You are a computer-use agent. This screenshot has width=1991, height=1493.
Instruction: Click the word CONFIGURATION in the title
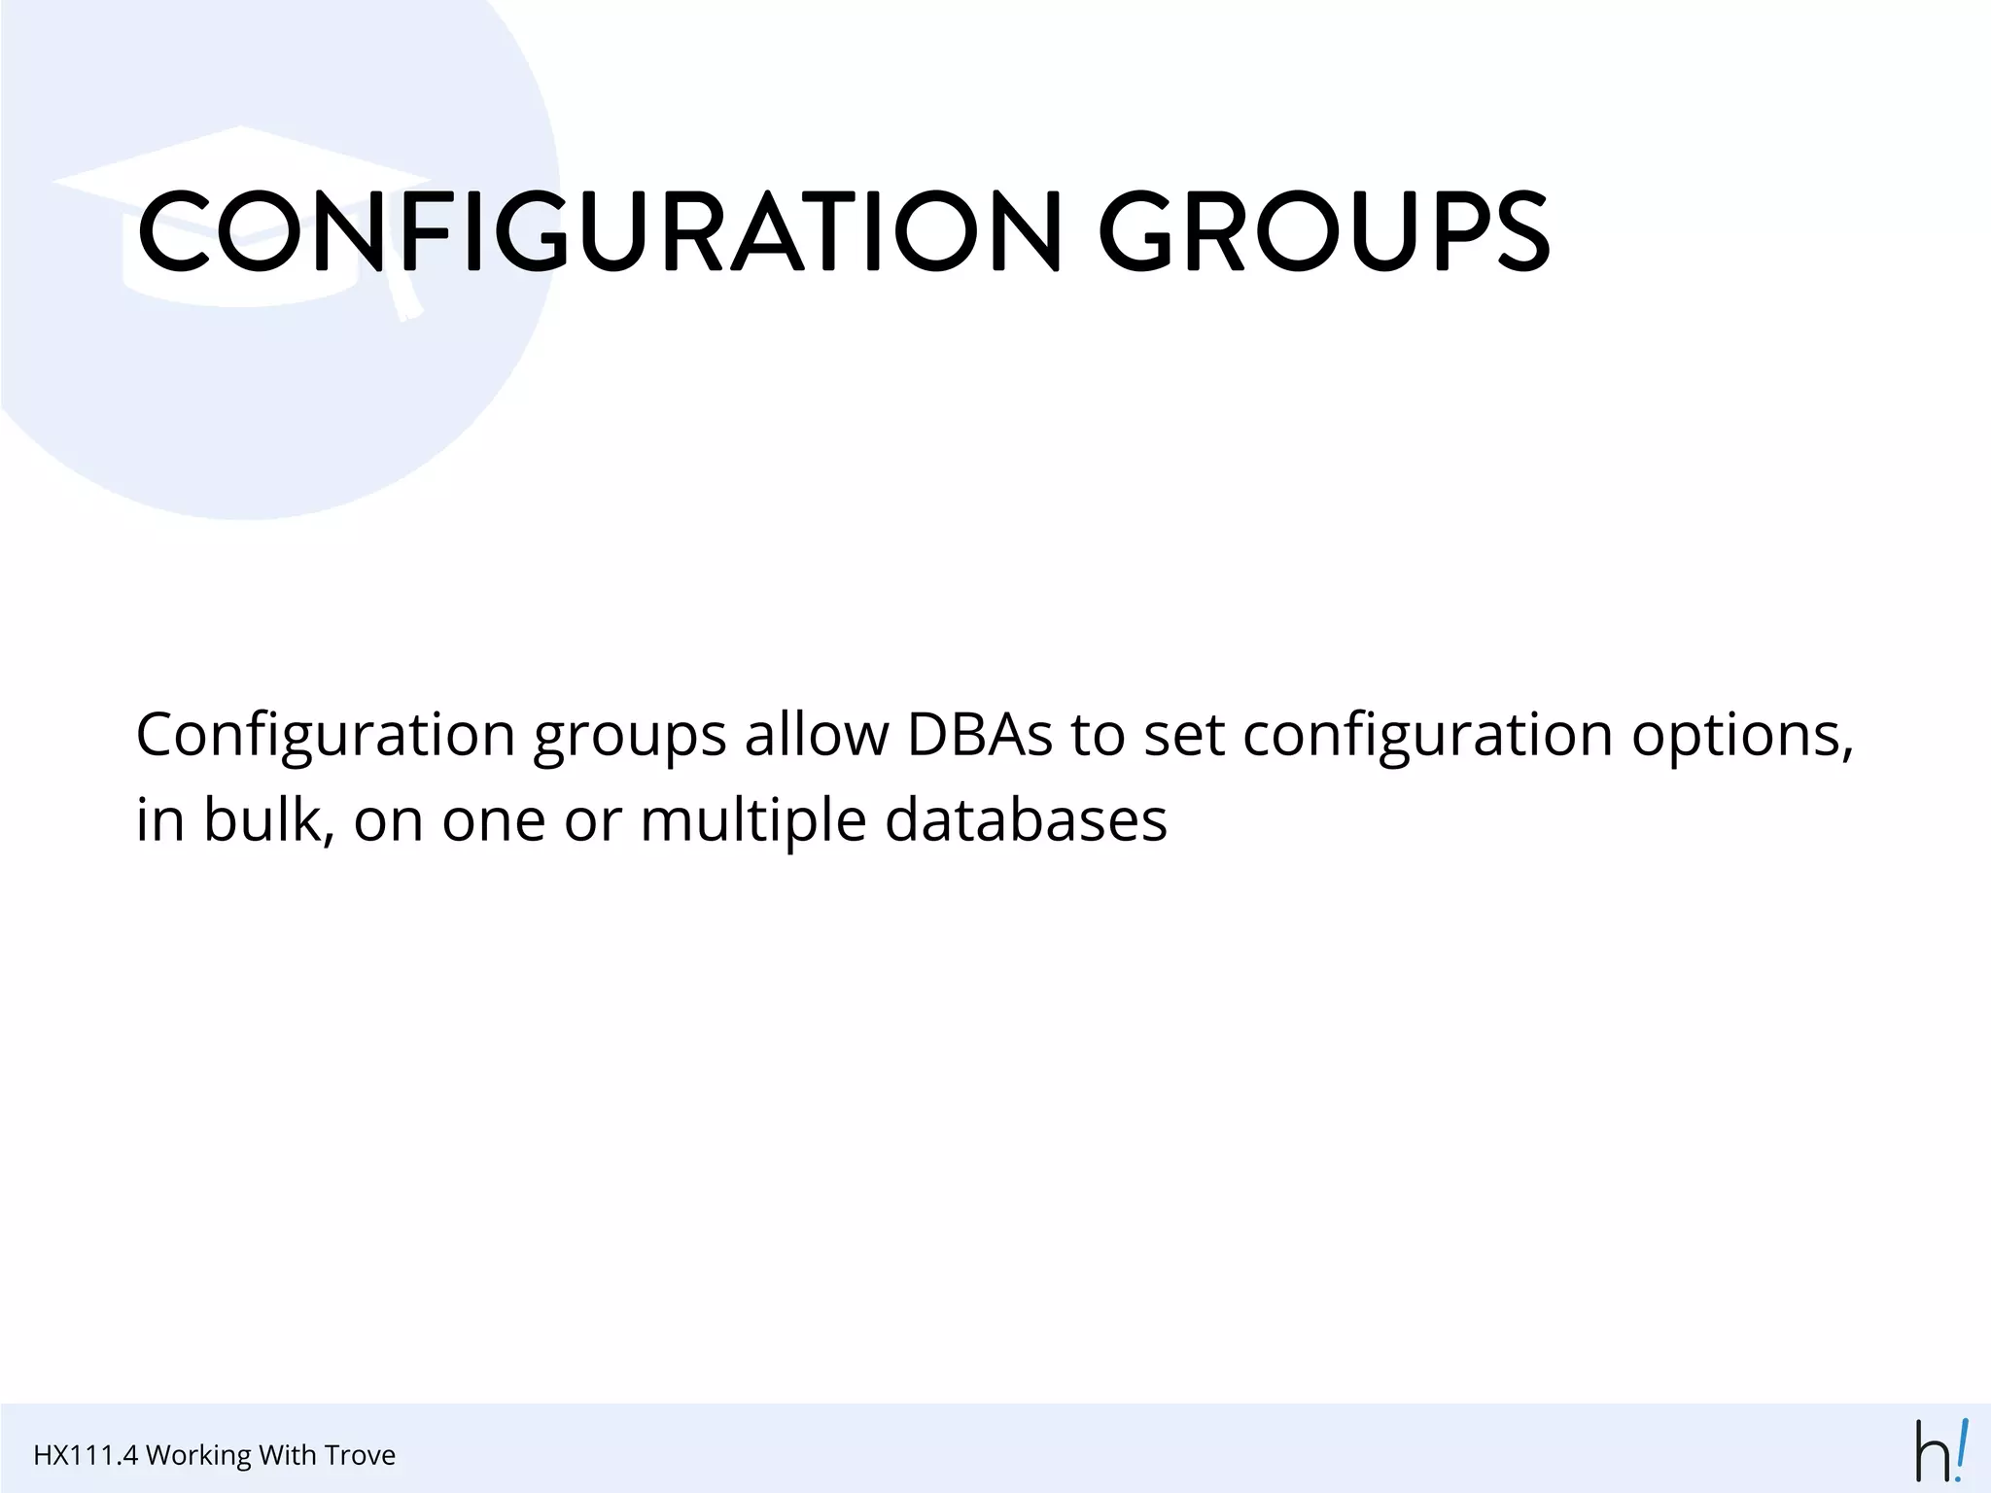point(598,231)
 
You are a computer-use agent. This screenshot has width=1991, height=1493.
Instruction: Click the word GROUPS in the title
point(1323,231)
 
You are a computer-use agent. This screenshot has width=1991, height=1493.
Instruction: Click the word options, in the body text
point(1742,736)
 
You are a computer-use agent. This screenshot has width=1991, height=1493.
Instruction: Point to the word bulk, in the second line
point(268,819)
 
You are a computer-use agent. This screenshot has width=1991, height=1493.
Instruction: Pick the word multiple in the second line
point(752,821)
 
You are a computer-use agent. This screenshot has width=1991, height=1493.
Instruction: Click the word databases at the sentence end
point(1026,819)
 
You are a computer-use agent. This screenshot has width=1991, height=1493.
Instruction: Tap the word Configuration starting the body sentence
point(325,736)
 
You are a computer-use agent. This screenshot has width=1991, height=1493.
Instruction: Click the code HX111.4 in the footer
point(86,1455)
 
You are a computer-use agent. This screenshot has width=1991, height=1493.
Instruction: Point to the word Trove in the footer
point(360,1455)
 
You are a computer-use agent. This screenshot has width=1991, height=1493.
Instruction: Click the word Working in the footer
point(198,1455)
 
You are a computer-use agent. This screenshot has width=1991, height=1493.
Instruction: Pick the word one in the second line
point(494,821)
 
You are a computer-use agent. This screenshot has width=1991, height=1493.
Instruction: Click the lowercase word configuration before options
point(1427,736)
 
